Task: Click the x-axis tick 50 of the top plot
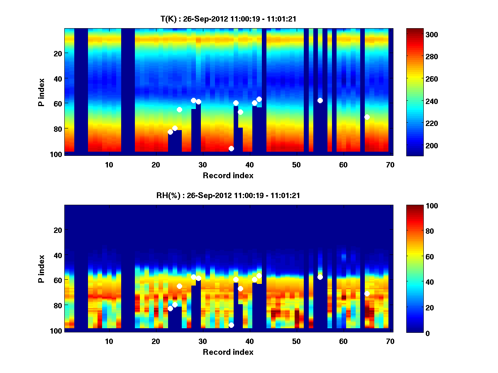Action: click(296, 165)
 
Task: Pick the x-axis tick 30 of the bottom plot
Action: click(203, 341)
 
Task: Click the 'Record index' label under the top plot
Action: click(228, 175)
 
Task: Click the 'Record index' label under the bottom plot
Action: click(228, 352)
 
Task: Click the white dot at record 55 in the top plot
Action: click(320, 100)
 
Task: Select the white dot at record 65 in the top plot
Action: click(367, 117)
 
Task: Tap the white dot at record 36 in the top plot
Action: click(231, 148)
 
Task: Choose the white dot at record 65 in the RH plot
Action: click(367, 293)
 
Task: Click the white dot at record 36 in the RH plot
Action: click(231, 325)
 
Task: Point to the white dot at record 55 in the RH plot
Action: click(320, 277)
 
